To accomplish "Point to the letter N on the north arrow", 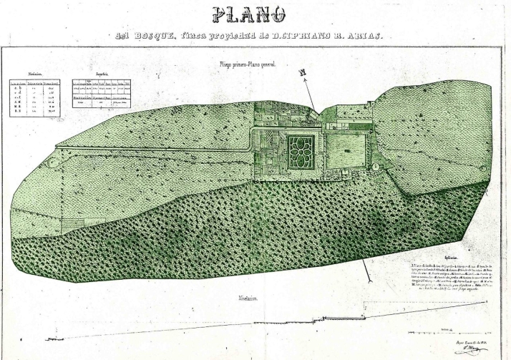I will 303,72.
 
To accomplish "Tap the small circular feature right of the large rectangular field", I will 376,165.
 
